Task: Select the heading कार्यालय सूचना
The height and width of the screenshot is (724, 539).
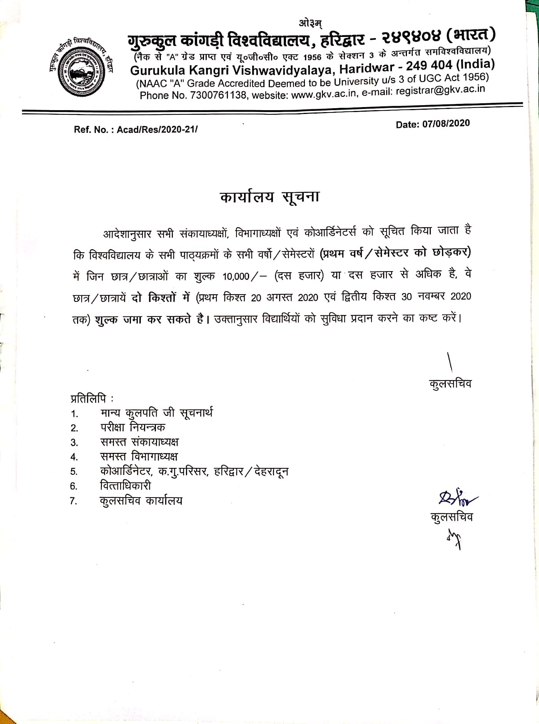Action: (x=269, y=197)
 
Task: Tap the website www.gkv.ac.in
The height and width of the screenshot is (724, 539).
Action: (x=323, y=93)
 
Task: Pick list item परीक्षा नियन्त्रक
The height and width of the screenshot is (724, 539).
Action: (x=133, y=427)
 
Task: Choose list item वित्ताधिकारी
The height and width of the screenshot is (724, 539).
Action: (x=126, y=486)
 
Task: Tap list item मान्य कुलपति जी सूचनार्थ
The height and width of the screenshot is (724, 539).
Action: (x=156, y=413)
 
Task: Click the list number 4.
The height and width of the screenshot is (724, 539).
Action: (x=74, y=457)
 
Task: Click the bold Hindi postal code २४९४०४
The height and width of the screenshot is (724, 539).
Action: (x=410, y=37)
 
